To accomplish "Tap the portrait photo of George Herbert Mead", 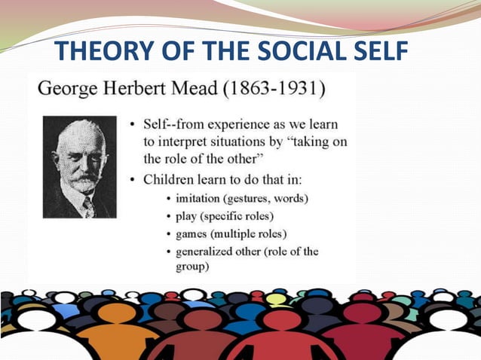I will pos(80,166).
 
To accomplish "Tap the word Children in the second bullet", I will pos(171,180).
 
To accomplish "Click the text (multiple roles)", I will pos(259,233).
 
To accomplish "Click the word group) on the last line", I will pos(195,266).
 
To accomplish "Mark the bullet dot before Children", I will pos(134,180).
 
